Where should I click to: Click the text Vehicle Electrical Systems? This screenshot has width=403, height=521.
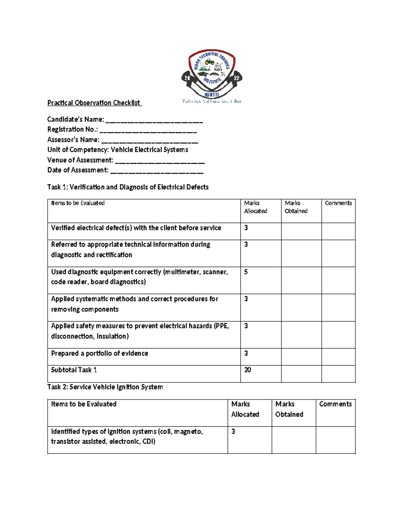[x=149, y=150]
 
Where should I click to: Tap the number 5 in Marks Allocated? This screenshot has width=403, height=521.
[x=246, y=272]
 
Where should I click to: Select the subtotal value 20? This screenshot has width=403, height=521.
[x=248, y=370]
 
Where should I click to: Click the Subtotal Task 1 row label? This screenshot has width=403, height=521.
[x=74, y=370]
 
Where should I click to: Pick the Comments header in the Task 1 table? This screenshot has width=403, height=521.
[x=338, y=203]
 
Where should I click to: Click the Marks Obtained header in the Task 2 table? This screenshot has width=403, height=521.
[x=289, y=409]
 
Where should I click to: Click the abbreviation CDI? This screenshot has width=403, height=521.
[x=148, y=441]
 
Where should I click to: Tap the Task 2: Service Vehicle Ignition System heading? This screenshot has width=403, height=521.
[x=105, y=387]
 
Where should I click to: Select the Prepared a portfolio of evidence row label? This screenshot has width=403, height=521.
[x=99, y=354]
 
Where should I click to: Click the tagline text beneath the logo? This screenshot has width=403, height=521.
[x=212, y=101]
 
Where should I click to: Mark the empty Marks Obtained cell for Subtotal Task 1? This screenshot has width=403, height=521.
[x=301, y=374]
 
